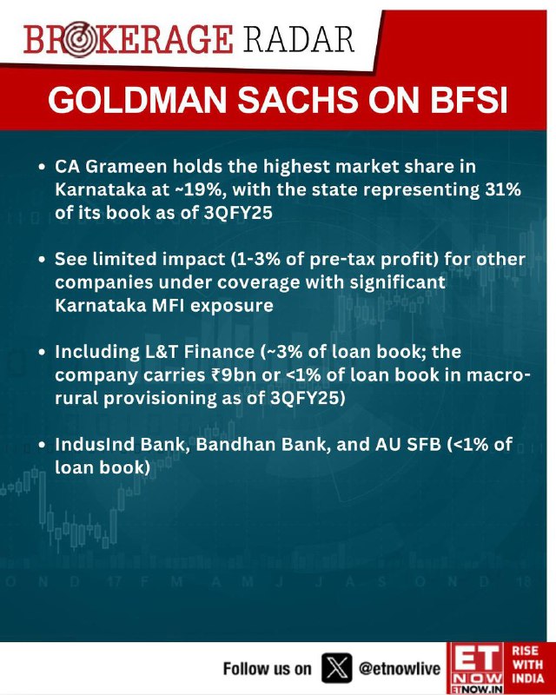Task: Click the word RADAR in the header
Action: coord(298,40)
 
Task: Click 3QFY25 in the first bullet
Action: coord(238,213)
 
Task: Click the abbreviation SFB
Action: coord(420,444)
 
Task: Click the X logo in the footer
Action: coord(336,668)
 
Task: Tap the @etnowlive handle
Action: coord(400,668)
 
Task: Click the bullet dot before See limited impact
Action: coord(43,260)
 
